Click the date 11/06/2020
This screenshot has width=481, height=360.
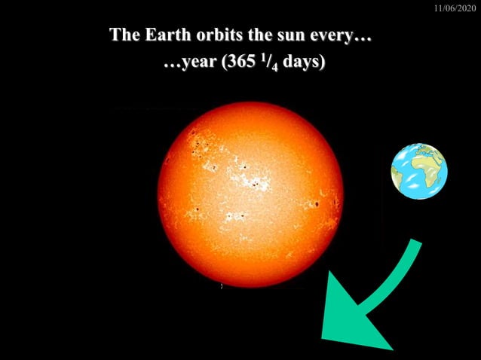coord(456,8)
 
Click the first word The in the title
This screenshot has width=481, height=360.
coord(124,35)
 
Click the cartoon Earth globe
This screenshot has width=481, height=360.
coord(418,171)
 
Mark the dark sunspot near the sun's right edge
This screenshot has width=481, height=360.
coord(317,203)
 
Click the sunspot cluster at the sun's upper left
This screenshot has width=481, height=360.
coord(199,143)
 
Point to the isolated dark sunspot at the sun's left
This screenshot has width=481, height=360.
coord(197,209)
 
